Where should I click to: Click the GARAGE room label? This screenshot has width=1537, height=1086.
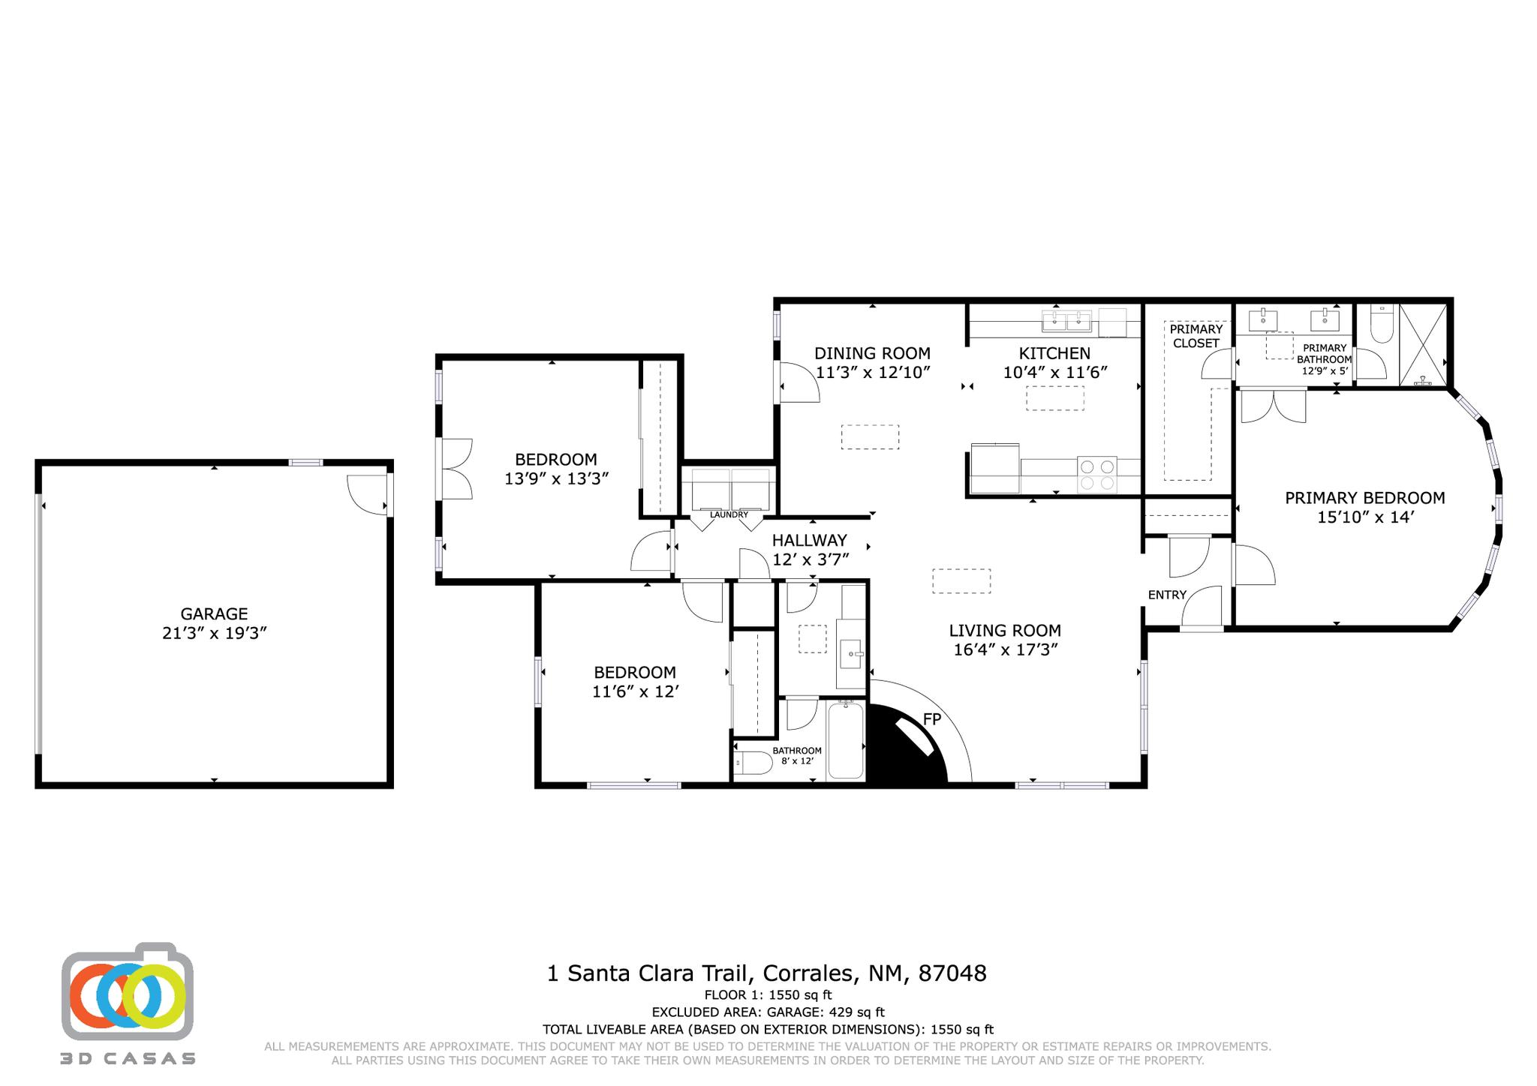[214, 613]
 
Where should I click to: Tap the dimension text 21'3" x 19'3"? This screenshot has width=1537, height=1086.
[215, 633]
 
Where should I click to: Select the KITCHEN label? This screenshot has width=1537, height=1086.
[1054, 353]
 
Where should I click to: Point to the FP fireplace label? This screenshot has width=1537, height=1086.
[931, 719]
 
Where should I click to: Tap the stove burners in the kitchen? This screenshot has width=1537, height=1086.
[1096, 475]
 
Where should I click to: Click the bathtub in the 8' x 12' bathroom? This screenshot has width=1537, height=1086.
[845, 741]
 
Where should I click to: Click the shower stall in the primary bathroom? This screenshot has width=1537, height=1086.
[1423, 345]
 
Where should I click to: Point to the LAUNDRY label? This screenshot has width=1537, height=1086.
[729, 514]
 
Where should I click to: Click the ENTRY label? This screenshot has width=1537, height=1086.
[1167, 595]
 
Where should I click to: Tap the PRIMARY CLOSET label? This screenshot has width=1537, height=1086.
[1196, 336]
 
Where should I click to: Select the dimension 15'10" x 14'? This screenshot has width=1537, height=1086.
[1365, 517]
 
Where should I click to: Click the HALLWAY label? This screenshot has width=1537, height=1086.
[809, 540]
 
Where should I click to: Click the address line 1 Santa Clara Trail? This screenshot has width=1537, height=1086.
[766, 973]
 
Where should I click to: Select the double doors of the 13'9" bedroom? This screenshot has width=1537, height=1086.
[456, 469]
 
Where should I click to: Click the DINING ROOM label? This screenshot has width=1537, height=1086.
[872, 353]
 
